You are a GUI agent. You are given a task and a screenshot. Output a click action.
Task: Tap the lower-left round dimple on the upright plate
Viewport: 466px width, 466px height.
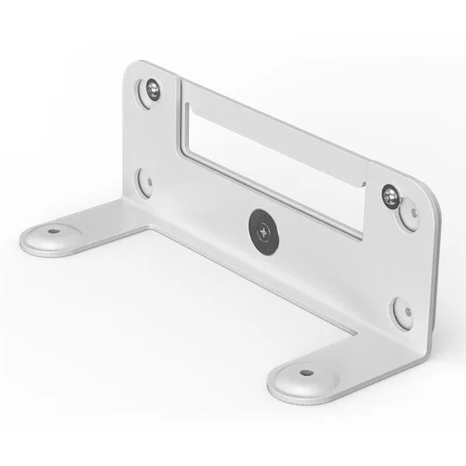coord(144,183)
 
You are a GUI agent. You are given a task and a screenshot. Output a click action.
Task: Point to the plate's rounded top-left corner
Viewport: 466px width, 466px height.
coord(132,70)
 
